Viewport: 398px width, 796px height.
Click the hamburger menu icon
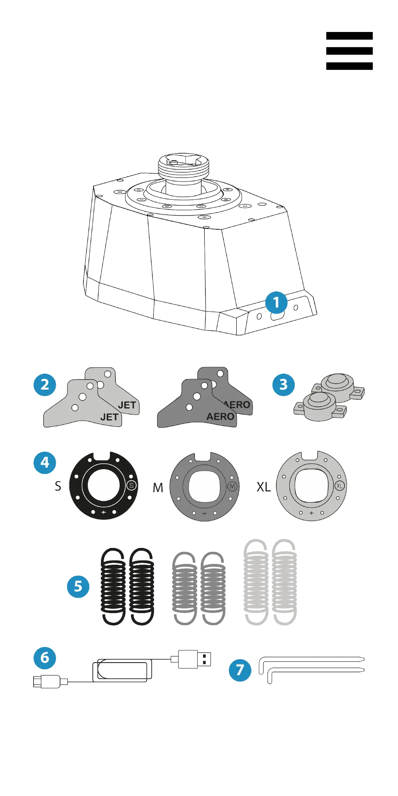point(349,51)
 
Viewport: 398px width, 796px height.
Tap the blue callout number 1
point(276,302)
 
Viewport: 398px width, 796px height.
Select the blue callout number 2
point(45,385)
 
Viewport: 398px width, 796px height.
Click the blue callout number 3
point(283,385)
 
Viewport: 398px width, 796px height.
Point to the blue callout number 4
point(45,463)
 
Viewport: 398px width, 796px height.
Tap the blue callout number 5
point(78,586)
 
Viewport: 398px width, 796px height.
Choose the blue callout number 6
point(45,658)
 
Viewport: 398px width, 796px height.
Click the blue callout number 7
point(240,670)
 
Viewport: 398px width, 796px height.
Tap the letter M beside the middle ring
point(158,488)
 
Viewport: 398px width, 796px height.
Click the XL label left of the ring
point(264,487)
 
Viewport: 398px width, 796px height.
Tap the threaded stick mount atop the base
point(184,166)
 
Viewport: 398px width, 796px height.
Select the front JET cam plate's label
point(109,417)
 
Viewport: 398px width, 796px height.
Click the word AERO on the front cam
point(220,417)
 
